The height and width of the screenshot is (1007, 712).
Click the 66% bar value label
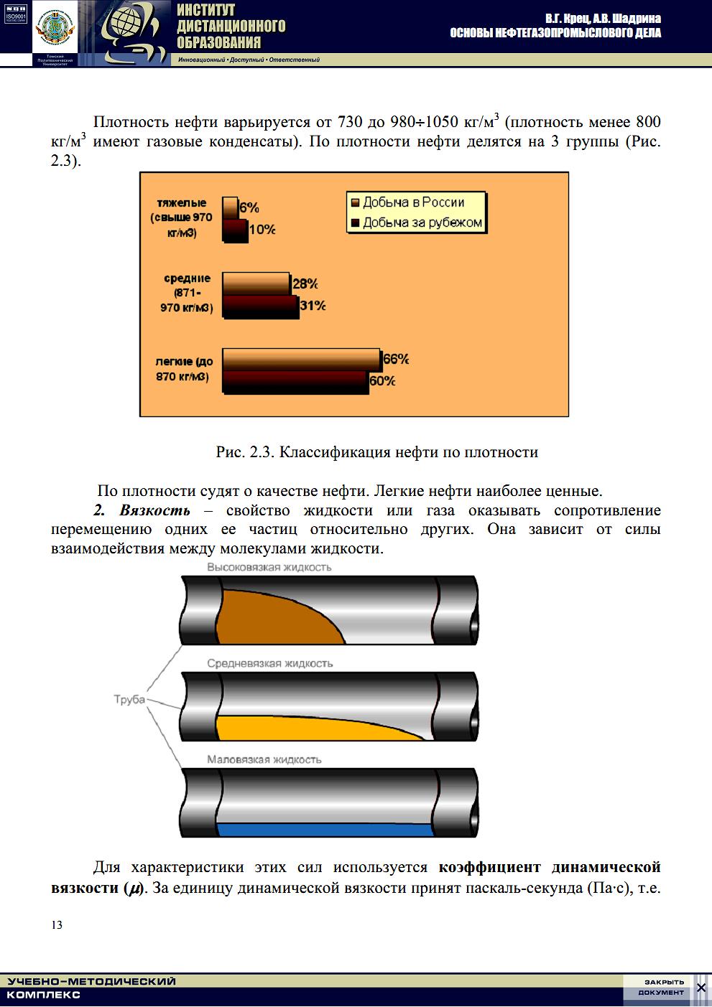point(396,359)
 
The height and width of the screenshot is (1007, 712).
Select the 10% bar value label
point(262,230)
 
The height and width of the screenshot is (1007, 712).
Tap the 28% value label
point(305,284)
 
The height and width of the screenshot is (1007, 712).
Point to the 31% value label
point(312,306)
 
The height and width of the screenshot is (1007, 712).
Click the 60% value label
point(382,381)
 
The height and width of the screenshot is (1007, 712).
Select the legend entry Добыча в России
point(413,202)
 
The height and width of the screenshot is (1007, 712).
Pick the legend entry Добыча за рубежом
point(422,223)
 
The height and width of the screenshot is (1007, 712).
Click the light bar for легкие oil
point(301,359)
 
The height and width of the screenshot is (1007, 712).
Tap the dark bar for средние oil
point(259,307)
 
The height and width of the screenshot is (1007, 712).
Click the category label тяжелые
point(182,203)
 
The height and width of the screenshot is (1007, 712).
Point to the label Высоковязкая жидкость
point(269,567)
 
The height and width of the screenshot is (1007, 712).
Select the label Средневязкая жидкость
point(270,664)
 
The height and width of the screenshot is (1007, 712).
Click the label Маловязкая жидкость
point(264,759)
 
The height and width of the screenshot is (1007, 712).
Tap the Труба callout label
point(129,699)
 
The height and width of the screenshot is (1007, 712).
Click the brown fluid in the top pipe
point(273,617)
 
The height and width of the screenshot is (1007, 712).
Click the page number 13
point(57,924)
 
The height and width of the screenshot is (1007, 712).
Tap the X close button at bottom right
point(701,988)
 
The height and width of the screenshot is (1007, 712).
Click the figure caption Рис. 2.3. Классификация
point(376,452)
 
